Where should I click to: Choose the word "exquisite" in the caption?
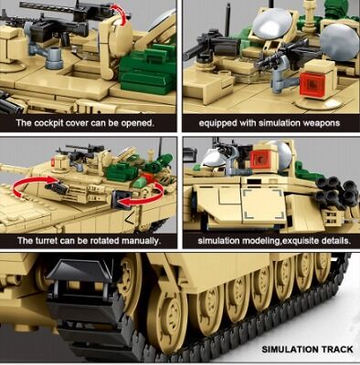(294, 241)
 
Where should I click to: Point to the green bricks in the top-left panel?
(146, 73)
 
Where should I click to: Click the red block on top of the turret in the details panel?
(261, 160)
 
